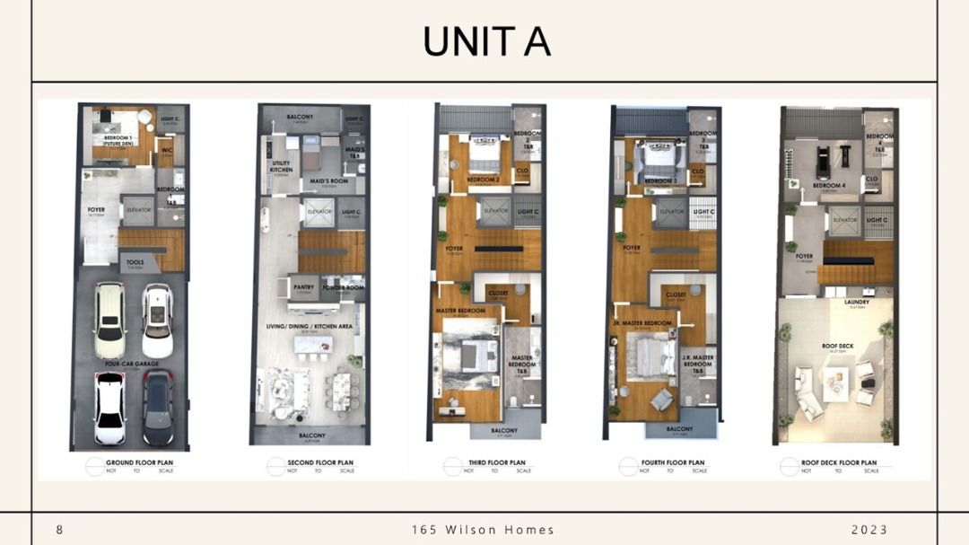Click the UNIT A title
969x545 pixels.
click(x=485, y=42)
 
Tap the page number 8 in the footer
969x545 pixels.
click(x=60, y=530)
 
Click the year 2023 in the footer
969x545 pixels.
click(x=869, y=530)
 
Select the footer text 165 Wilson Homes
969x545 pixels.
click(x=483, y=530)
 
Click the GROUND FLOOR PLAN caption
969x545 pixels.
click(x=139, y=462)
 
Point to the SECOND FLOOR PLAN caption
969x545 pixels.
click(x=320, y=462)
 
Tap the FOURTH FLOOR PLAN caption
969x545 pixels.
click(x=673, y=462)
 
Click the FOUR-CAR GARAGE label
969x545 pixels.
click(x=131, y=364)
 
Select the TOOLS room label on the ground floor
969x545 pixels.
click(x=135, y=262)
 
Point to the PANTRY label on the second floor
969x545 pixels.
click(x=304, y=287)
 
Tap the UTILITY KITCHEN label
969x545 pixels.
click(x=281, y=166)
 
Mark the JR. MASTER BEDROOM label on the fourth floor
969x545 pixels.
click(x=642, y=321)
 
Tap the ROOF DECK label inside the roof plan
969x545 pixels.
click(x=837, y=345)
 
